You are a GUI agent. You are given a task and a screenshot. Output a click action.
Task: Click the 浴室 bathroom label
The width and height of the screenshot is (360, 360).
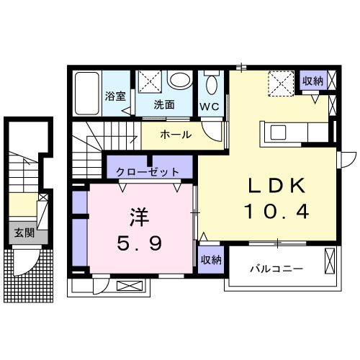pos(114,95)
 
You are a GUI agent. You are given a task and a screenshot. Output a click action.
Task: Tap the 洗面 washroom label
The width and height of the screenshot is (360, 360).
pos(164,104)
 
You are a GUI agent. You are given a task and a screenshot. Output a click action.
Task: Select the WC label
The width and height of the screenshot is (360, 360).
pos(210,107)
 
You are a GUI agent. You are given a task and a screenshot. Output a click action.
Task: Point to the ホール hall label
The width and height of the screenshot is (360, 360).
pos(175,135)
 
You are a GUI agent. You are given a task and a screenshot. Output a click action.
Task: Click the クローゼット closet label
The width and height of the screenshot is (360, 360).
pos(150,172)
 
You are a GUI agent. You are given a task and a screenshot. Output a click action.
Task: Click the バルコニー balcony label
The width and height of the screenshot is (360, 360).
pos(276,269)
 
